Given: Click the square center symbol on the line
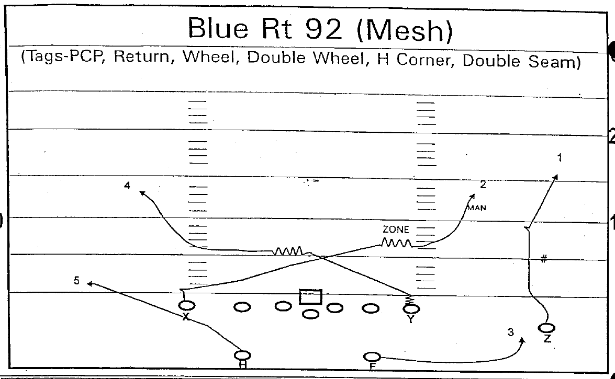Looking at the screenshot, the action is pyautogui.click(x=310, y=297).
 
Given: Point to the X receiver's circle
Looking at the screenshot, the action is pyautogui.click(x=186, y=305).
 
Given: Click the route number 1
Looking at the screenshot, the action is pyautogui.click(x=559, y=157).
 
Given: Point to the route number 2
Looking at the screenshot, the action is pyautogui.click(x=483, y=184).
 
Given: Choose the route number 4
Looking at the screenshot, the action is pyautogui.click(x=127, y=185).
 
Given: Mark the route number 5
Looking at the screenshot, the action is pyautogui.click(x=76, y=281).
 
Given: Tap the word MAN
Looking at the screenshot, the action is pyautogui.click(x=477, y=208).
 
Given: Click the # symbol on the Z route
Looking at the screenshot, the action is pyautogui.click(x=544, y=259).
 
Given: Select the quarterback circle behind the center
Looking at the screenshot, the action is pyautogui.click(x=311, y=314).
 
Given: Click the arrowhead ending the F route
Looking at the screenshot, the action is pyautogui.click(x=522, y=340).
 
